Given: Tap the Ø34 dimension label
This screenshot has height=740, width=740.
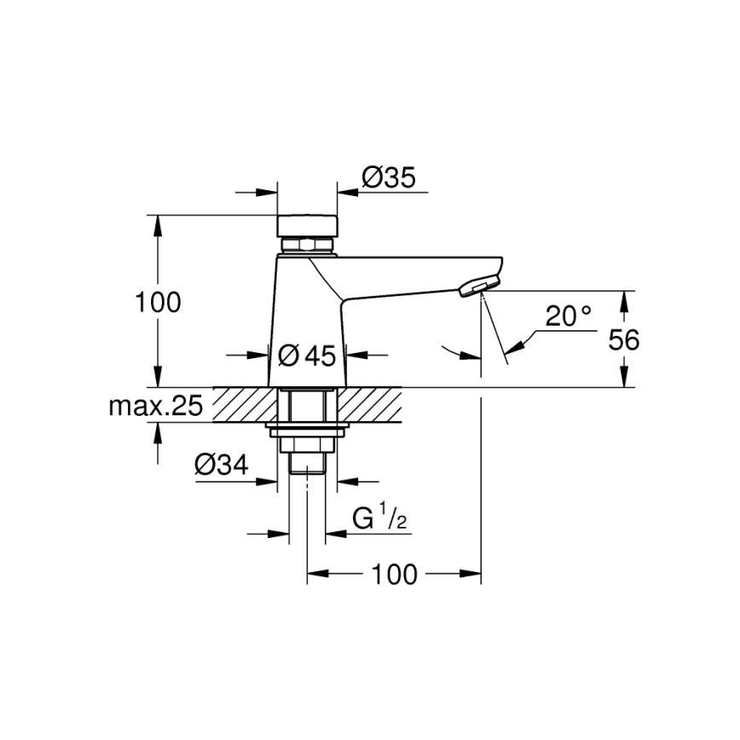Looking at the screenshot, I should click(x=222, y=465).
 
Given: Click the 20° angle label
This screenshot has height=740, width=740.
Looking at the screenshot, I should click(x=569, y=316).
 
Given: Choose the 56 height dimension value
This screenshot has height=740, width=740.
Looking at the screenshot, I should click(x=623, y=339).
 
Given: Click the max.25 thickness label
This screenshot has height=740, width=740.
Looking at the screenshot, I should click(x=155, y=406).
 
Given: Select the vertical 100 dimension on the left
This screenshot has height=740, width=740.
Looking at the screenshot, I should click(x=159, y=302).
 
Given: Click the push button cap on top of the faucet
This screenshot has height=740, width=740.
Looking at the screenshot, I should click(x=308, y=226).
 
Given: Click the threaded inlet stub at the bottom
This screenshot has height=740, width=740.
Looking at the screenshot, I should click(x=308, y=462).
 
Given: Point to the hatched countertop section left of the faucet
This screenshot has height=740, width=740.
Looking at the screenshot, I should click(x=244, y=404).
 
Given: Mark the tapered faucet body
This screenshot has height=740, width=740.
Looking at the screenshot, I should click(x=308, y=324).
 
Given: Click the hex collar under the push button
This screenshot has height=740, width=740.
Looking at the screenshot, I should click(x=308, y=246).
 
